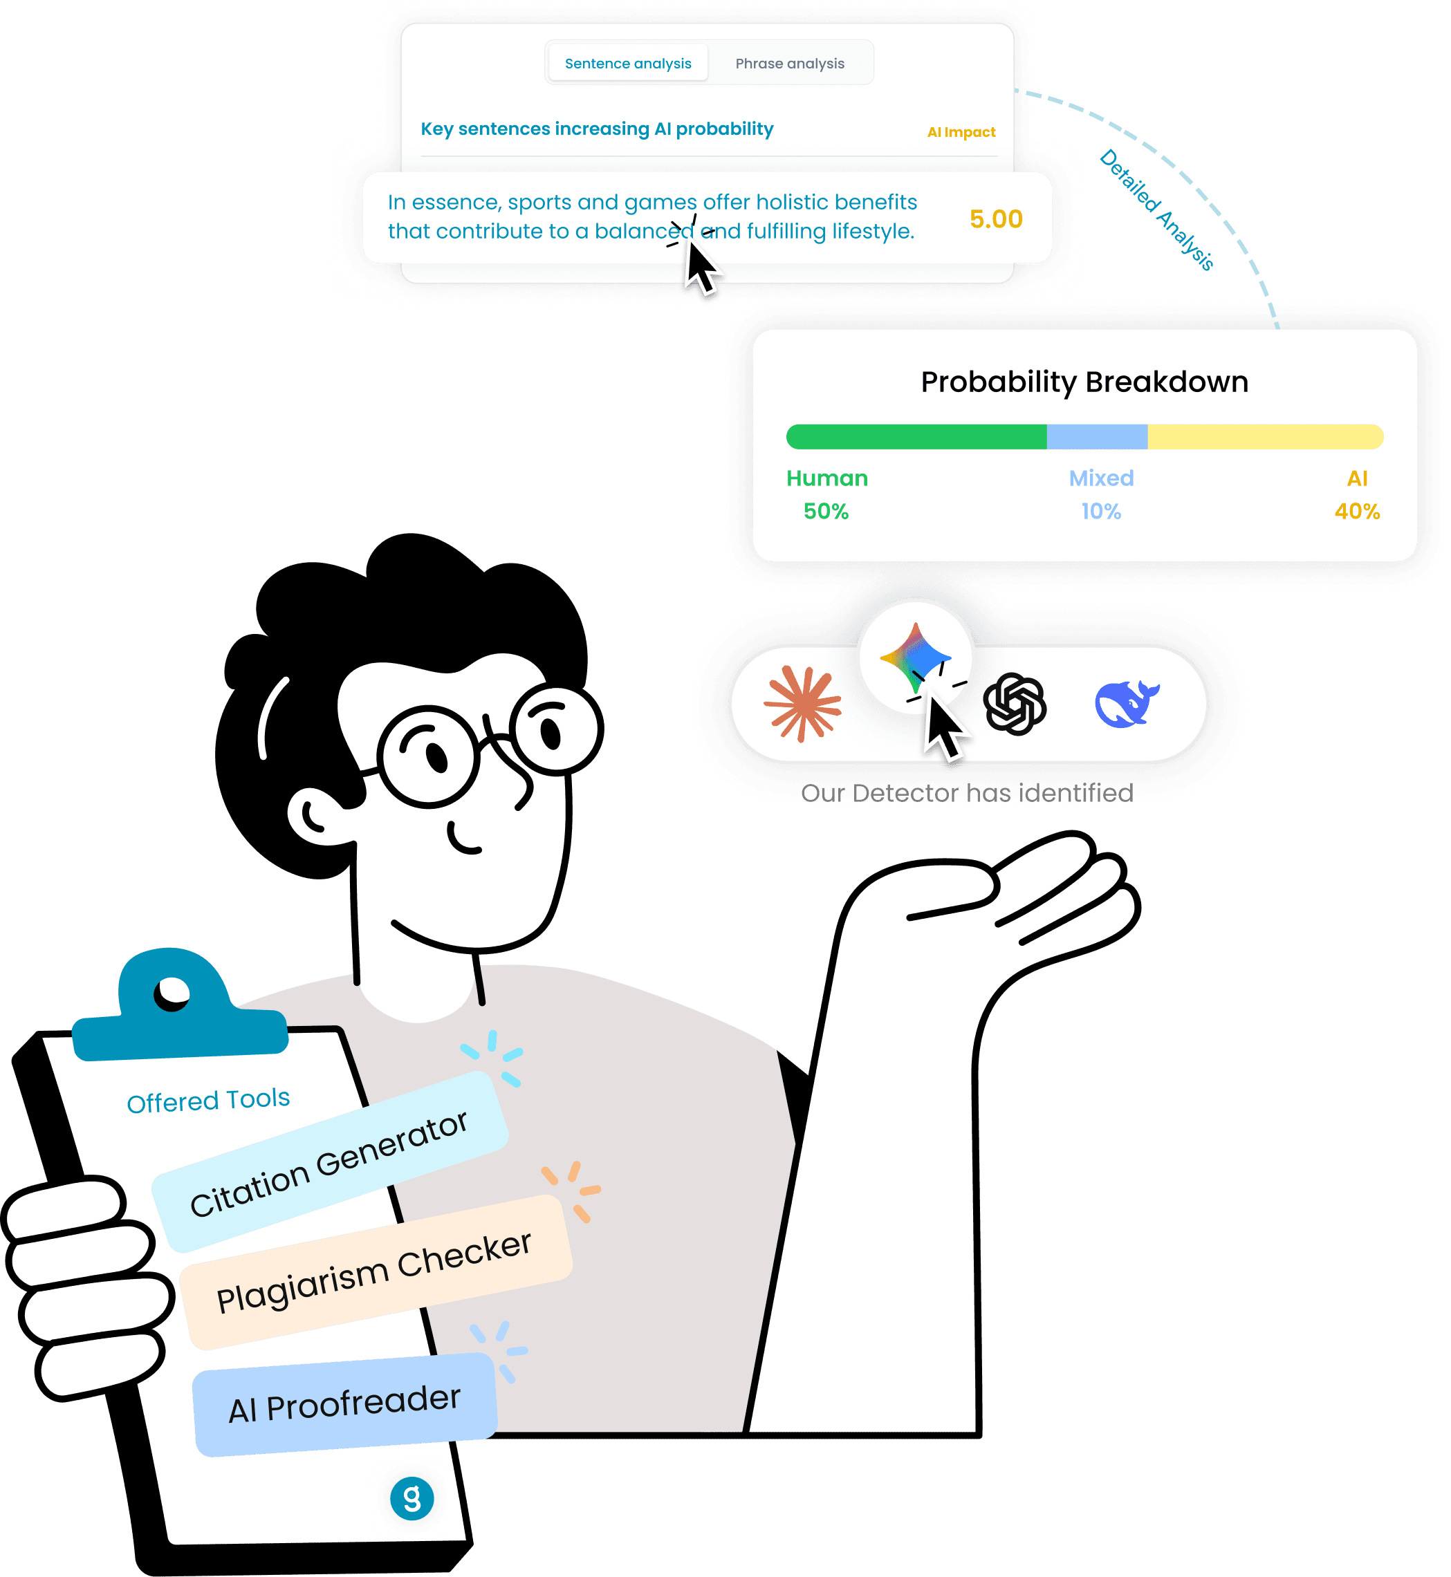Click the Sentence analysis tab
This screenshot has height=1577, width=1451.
tap(627, 64)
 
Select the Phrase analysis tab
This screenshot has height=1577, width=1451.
tap(789, 64)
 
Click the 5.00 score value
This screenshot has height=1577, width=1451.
tap(996, 219)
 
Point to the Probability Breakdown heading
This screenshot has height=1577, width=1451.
tap(1084, 382)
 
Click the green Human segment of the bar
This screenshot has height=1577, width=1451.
tap(916, 436)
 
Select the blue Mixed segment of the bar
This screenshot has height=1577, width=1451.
tap(1096, 436)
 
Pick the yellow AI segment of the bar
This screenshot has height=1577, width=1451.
tap(1264, 436)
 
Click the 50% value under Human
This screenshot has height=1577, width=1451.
tap(825, 511)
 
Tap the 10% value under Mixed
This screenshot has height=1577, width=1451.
tap(1100, 511)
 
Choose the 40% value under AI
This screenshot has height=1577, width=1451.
tap(1356, 511)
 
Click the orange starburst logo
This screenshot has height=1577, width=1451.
tap(802, 703)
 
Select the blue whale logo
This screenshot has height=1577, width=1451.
tap(1126, 703)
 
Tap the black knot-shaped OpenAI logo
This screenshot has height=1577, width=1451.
tap(1014, 703)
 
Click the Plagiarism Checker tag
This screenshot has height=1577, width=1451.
tap(376, 1271)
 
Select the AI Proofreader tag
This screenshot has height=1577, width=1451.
tap(344, 1405)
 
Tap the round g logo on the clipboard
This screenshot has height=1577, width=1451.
tap(412, 1498)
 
